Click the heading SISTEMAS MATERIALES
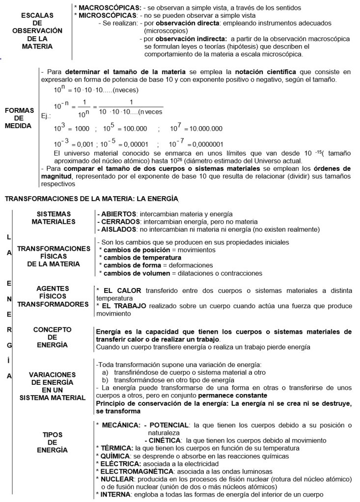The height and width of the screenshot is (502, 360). (x=54, y=218)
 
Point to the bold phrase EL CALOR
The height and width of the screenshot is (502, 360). (x=121, y=291)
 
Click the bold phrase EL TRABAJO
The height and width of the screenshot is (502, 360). (x=124, y=306)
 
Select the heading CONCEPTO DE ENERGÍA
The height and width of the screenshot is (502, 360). (x=52, y=337)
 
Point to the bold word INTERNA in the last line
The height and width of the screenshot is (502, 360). (x=116, y=494)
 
